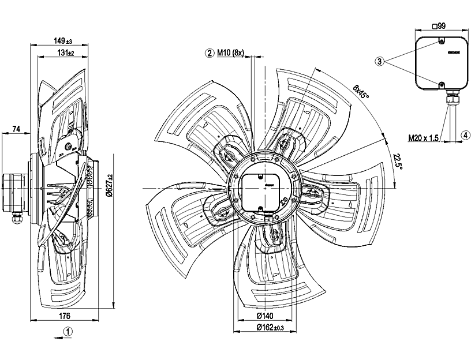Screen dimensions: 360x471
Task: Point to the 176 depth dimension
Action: point(65,316)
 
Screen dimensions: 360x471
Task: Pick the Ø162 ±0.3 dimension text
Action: point(267,328)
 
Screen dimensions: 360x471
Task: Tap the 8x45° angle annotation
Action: point(362,91)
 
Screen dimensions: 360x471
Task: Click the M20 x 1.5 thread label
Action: point(424,138)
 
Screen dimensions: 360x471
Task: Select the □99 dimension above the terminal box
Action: point(440,26)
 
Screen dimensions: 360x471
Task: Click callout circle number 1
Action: point(68,332)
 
